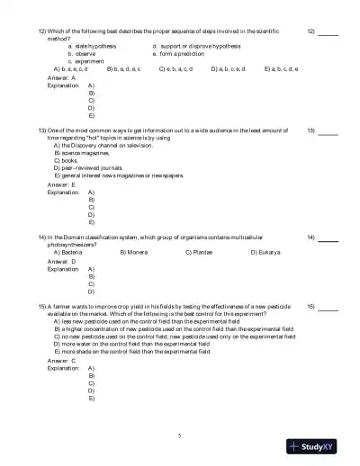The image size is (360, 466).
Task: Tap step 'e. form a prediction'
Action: click(x=184, y=52)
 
